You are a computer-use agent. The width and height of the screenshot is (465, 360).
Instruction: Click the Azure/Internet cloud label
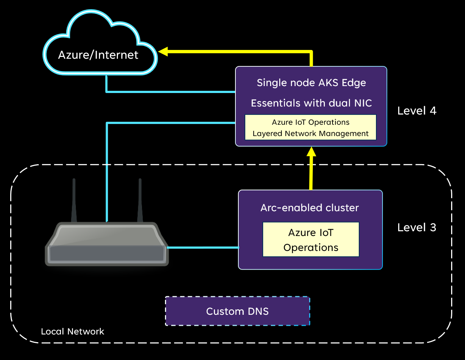point(98,55)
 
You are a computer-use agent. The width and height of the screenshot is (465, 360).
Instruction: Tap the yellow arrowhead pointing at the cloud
point(163,51)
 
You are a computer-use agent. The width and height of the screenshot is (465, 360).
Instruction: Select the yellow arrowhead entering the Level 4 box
point(311,151)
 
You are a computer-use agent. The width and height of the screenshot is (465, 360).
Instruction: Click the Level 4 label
point(416,111)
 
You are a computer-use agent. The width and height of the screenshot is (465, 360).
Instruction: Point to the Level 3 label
point(416,228)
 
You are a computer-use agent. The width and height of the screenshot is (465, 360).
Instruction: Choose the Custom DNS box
point(237,311)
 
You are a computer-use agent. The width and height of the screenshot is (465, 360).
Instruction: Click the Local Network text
point(72,332)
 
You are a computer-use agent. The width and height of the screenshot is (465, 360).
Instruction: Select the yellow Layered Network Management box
point(310,128)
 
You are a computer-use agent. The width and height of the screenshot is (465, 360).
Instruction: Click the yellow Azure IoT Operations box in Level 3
point(311,240)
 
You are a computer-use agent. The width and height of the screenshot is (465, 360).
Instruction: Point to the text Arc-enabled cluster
point(310,208)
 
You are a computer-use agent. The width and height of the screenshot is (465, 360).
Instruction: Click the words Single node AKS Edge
point(311,83)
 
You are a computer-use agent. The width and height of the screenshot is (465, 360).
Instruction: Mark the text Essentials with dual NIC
point(311,103)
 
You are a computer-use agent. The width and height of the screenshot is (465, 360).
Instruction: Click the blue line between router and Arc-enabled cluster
point(203,248)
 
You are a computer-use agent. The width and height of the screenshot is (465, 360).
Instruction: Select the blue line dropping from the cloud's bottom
point(107,84)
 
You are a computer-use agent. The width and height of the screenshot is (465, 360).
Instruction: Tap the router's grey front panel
point(107,253)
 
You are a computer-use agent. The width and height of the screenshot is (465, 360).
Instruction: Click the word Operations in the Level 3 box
point(311,248)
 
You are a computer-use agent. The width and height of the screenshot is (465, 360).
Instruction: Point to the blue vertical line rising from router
point(107,171)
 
